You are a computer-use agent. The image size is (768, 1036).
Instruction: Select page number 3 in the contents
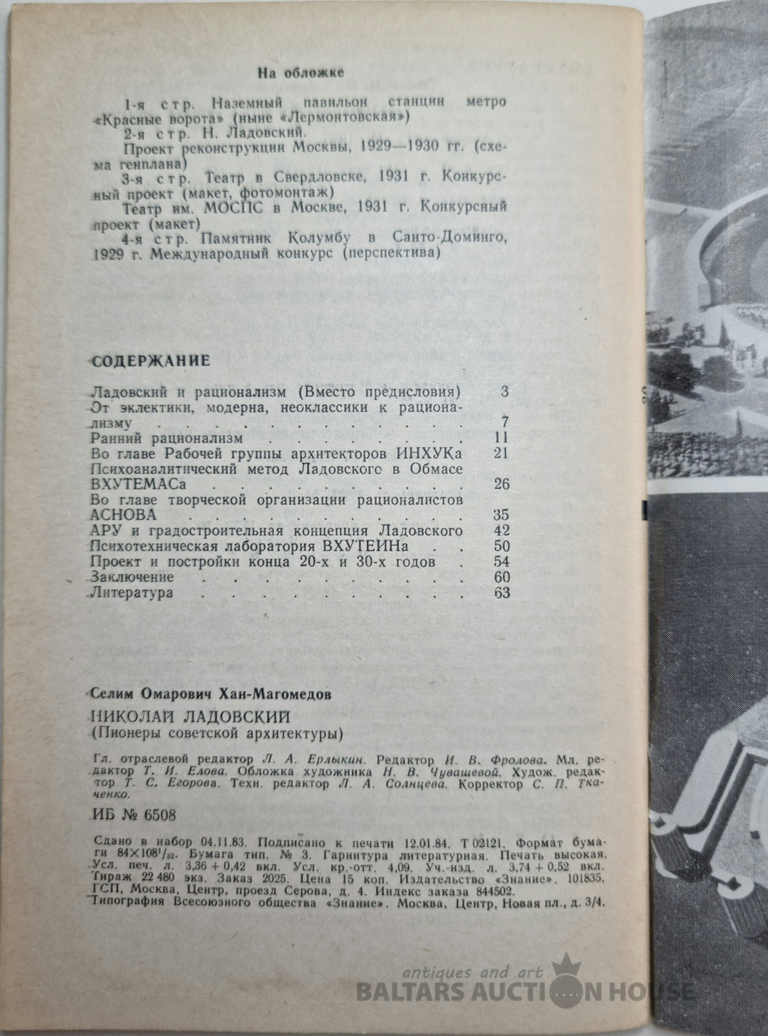pos(505,390)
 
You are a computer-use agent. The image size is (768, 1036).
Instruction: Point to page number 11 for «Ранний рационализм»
pos(500,438)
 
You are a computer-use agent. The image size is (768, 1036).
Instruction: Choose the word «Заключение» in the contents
pos(132,577)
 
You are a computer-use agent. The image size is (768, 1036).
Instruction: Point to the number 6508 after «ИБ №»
pos(158,814)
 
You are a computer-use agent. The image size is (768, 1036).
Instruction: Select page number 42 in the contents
pos(500,530)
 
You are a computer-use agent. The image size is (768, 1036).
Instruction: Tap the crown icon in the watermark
pos(566,966)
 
